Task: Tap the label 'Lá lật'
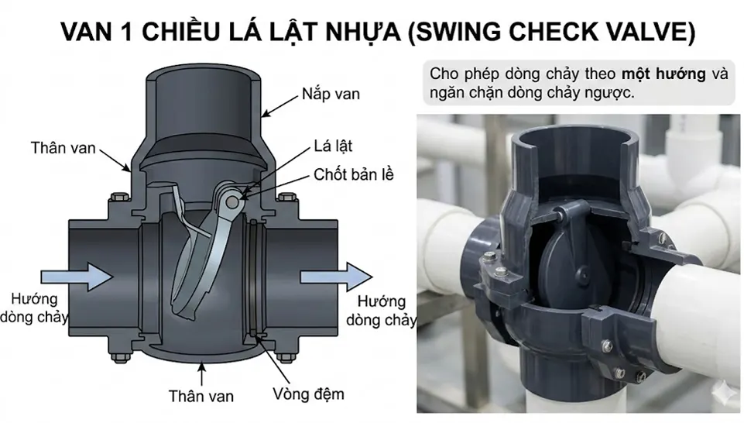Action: [334, 146]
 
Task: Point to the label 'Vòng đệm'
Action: [307, 394]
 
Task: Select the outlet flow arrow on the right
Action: [334, 275]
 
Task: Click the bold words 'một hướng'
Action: [663, 75]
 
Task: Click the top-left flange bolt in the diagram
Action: [115, 197]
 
